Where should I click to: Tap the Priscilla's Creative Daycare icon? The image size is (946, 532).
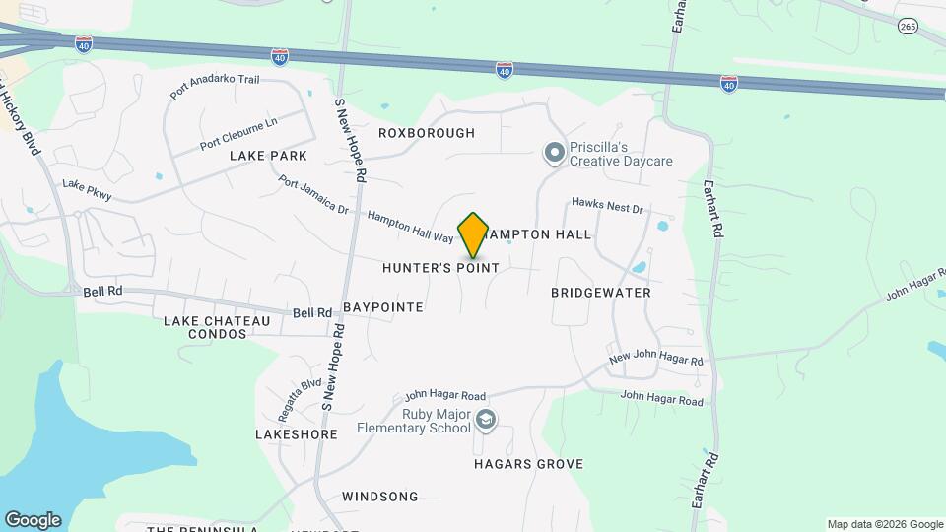click(554, 152)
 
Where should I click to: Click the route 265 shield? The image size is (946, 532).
click(908, 27)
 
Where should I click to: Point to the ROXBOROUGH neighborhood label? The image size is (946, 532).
click(427, 133)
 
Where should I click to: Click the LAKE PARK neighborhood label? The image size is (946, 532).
click(268, 156)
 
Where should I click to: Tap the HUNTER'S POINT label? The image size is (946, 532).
click(440, 268)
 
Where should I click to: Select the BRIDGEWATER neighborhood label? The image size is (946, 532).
click(601, 293)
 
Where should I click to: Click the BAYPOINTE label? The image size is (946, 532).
click(383, 307)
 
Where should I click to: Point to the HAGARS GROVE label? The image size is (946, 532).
click(528, 464)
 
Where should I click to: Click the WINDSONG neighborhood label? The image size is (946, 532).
click(380, 498)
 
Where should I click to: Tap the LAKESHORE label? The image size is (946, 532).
click(297, 433)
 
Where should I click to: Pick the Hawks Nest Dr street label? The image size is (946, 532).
click(607, 208)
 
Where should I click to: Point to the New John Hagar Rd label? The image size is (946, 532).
click(655, 361)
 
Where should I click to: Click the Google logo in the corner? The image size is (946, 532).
click(33, 519)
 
